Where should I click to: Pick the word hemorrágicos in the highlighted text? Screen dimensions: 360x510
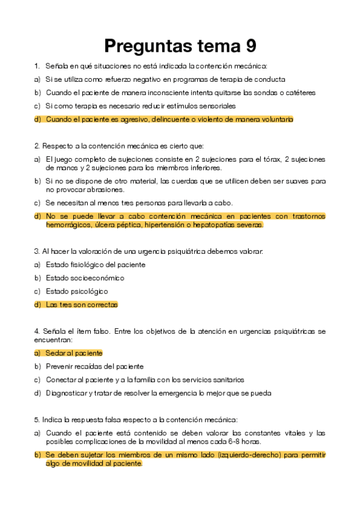(x=69, y=225)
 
